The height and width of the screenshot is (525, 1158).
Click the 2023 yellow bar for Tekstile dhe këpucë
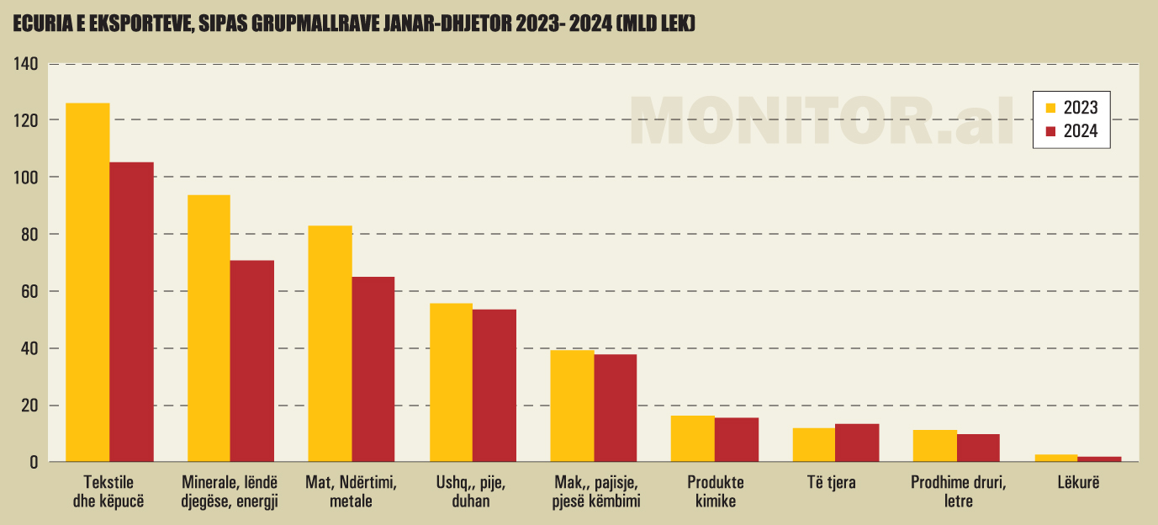[87, 282]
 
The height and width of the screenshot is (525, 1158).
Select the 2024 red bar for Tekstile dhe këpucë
[131, 311]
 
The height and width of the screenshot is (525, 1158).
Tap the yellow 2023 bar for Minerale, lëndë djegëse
[209, 328]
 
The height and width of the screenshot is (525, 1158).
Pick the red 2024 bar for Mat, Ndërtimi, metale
[373, 369]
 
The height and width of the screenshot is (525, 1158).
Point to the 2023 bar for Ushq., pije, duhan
[451, 382]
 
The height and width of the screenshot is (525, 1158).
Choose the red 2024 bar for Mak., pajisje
[616, 408]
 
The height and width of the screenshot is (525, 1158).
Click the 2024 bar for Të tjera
[857, 443]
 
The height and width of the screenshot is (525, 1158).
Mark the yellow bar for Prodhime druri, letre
[935, 446]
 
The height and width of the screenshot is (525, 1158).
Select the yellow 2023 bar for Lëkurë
[1056, 458]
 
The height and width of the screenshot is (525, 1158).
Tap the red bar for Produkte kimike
[737, 439]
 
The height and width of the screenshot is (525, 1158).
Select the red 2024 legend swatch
[1050, 131]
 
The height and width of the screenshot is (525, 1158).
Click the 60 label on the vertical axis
[30, 291]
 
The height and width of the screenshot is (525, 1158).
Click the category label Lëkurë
[1077, 483]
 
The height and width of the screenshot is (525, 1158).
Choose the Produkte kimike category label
[716, 492]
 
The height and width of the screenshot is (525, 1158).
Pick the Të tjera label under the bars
[836, 483]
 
